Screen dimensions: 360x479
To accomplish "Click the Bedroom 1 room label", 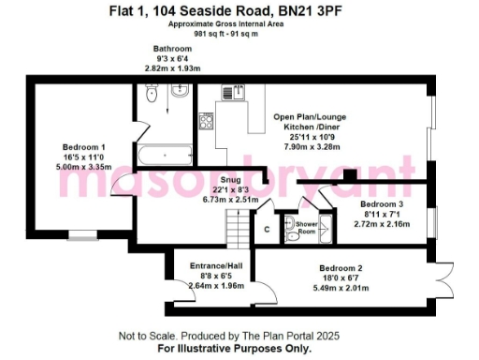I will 83,147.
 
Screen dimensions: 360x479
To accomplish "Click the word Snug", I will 229,173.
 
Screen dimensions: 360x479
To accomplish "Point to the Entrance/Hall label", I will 216,266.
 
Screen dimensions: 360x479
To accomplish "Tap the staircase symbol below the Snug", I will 236,226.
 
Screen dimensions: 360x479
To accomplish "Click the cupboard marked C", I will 267,227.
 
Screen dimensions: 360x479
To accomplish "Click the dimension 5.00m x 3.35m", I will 83,167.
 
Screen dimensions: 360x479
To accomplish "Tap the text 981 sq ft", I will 210,34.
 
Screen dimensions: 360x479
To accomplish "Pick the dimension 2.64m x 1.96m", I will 216,286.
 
